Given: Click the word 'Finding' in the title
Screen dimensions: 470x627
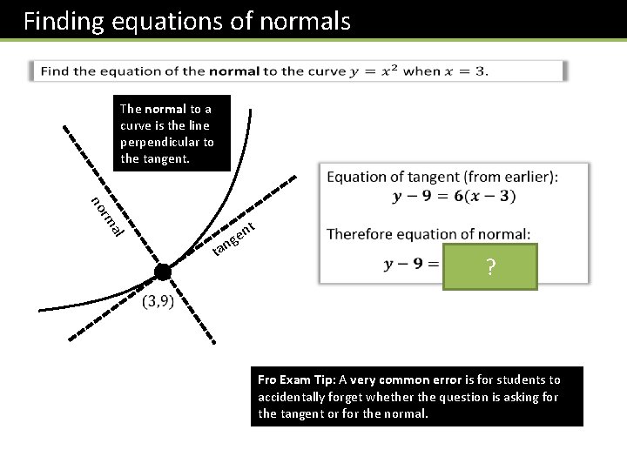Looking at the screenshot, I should point(64,21).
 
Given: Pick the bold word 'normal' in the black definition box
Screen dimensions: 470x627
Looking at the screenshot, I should point(165,109).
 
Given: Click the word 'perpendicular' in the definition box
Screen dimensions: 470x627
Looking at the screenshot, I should point(161,142).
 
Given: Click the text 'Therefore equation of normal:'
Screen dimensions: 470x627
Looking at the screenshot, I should point(428,234).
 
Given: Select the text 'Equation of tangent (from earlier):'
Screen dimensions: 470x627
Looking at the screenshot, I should point(442,177).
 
